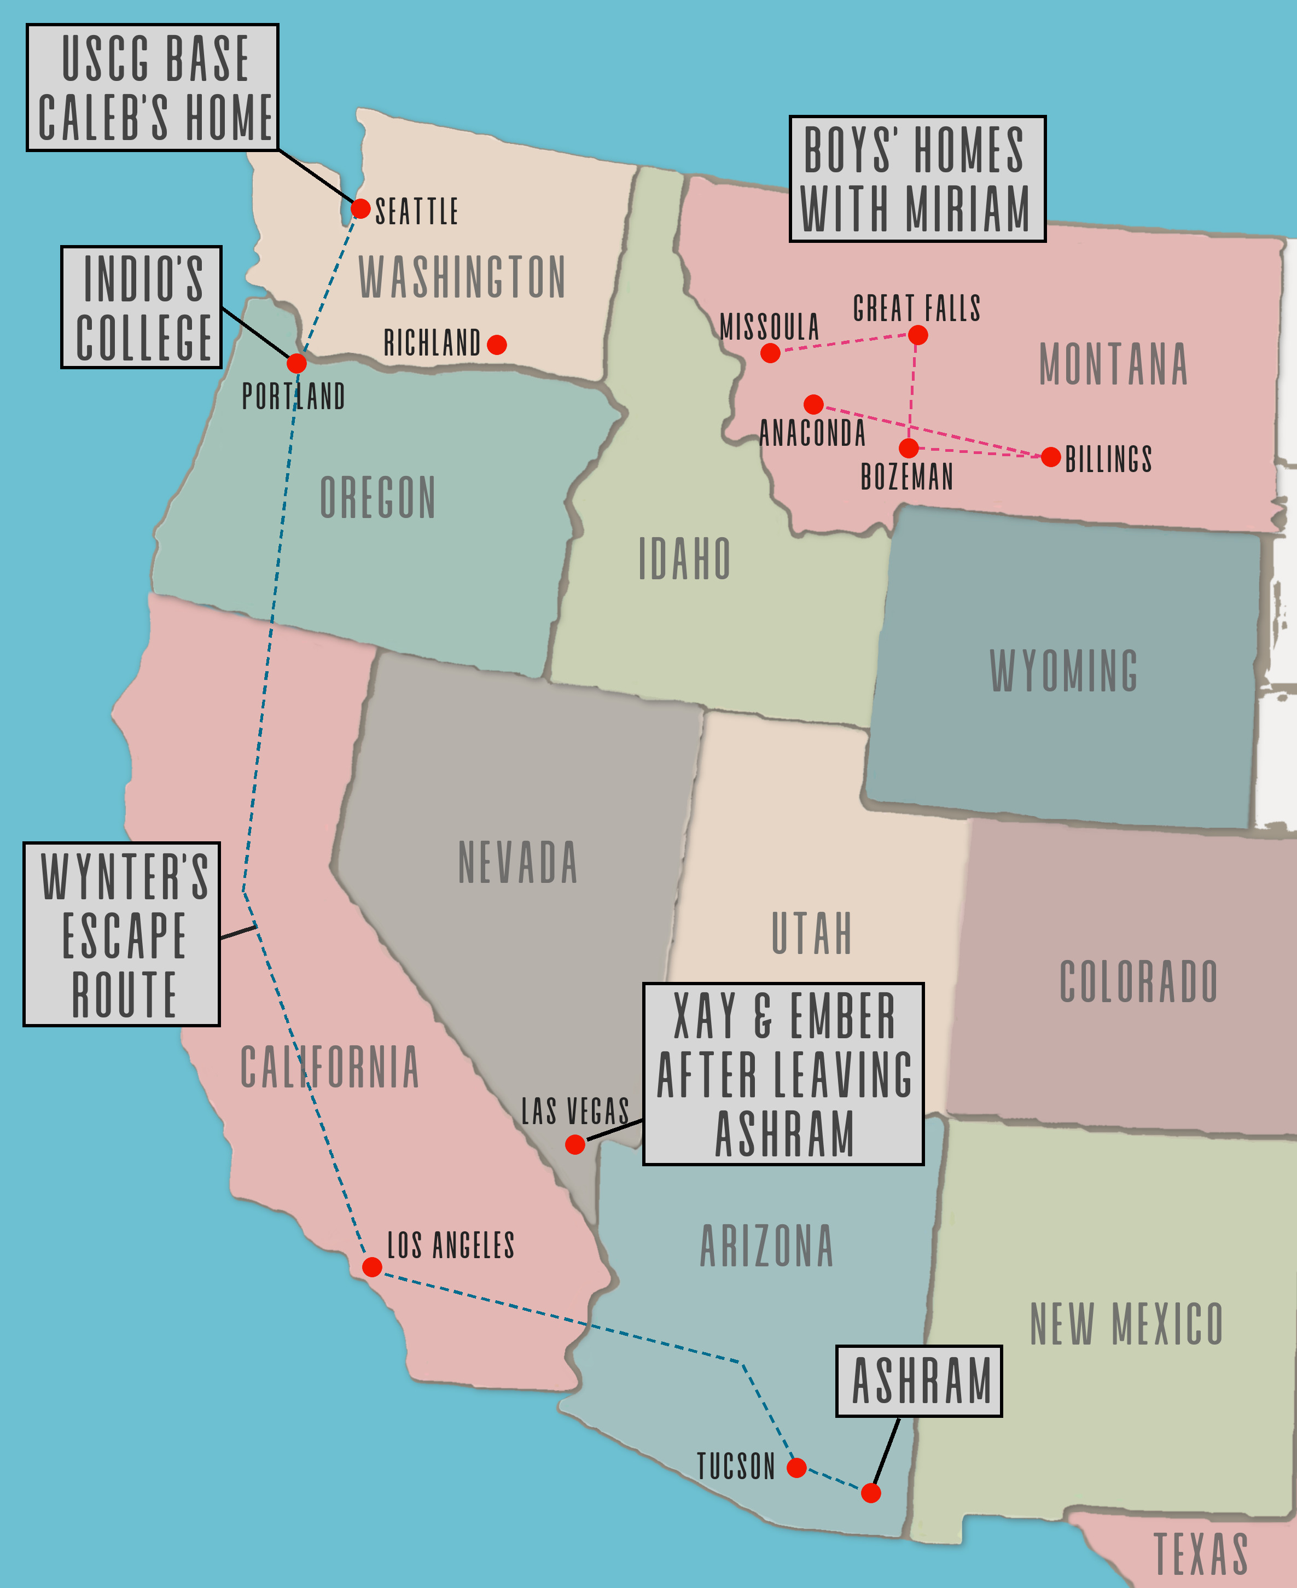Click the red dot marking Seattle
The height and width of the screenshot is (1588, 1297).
coord(360,208)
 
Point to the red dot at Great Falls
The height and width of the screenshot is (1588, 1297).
coord(917,335)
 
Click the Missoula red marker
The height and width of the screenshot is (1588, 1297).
coord(770,353)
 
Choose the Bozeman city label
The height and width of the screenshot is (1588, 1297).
coord(907,476)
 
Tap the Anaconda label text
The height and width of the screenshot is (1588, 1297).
coord(812,433)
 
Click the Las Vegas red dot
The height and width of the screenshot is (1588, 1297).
coord(574,1144)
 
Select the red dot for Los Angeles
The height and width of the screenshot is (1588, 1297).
coord(372,1267)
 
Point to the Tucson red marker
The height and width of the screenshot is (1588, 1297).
coord(796,1467)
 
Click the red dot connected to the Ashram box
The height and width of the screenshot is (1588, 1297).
coord(870,1492)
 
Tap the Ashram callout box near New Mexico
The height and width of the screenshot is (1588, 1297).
coord(919,1381)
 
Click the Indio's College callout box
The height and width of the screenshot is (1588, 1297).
coord(141,307)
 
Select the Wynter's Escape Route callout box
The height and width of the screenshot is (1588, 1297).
coord(122,934)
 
